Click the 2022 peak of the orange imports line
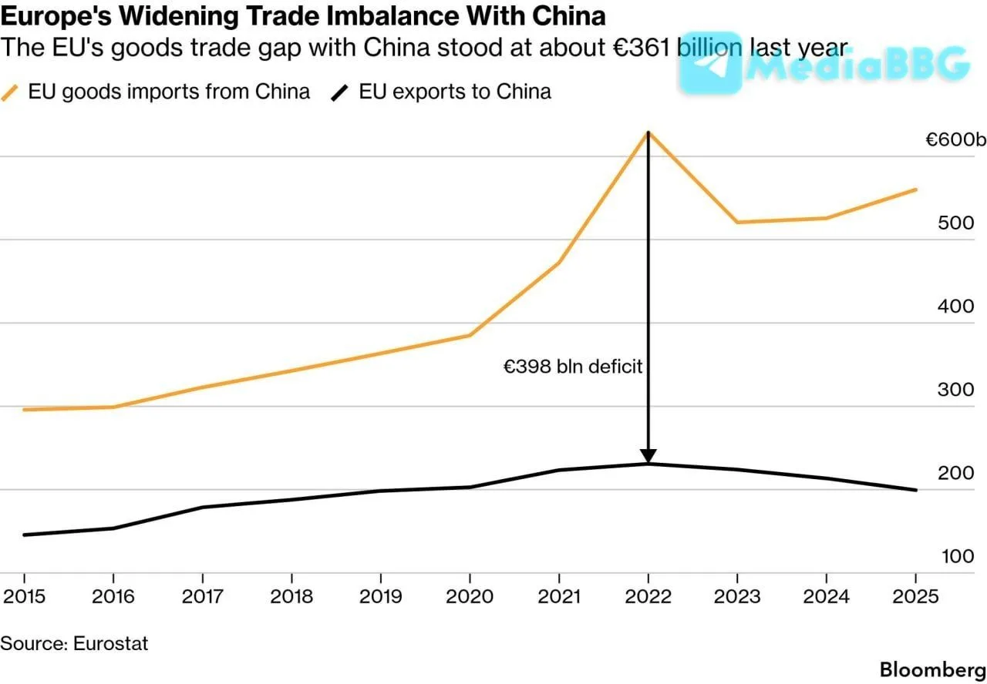click(x=648, y=132)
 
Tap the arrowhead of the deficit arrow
click(x=648, y=455)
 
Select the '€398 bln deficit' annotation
click(x=572, y=366)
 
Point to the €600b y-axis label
click(x=955, y=139)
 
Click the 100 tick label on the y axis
click(x=958, y=556)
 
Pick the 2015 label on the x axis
click(x=24, y=596)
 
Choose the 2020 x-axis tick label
click(x=470, y=596)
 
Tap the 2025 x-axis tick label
click(x=915, y=596)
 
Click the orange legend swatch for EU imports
click(x=10, y=93)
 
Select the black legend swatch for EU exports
click(x=340, y=93)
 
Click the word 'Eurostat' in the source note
click(x=110, y=643)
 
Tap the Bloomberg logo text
click(x=933, y=670)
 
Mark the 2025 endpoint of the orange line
click(x=916, y=190)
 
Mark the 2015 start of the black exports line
click(x=24, y=535)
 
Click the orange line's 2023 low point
click(x=738, y=222)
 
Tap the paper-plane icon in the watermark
click(x=709, y=62)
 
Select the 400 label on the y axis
click(x=955, y=307)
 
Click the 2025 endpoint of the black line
click(x=916, y=490)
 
